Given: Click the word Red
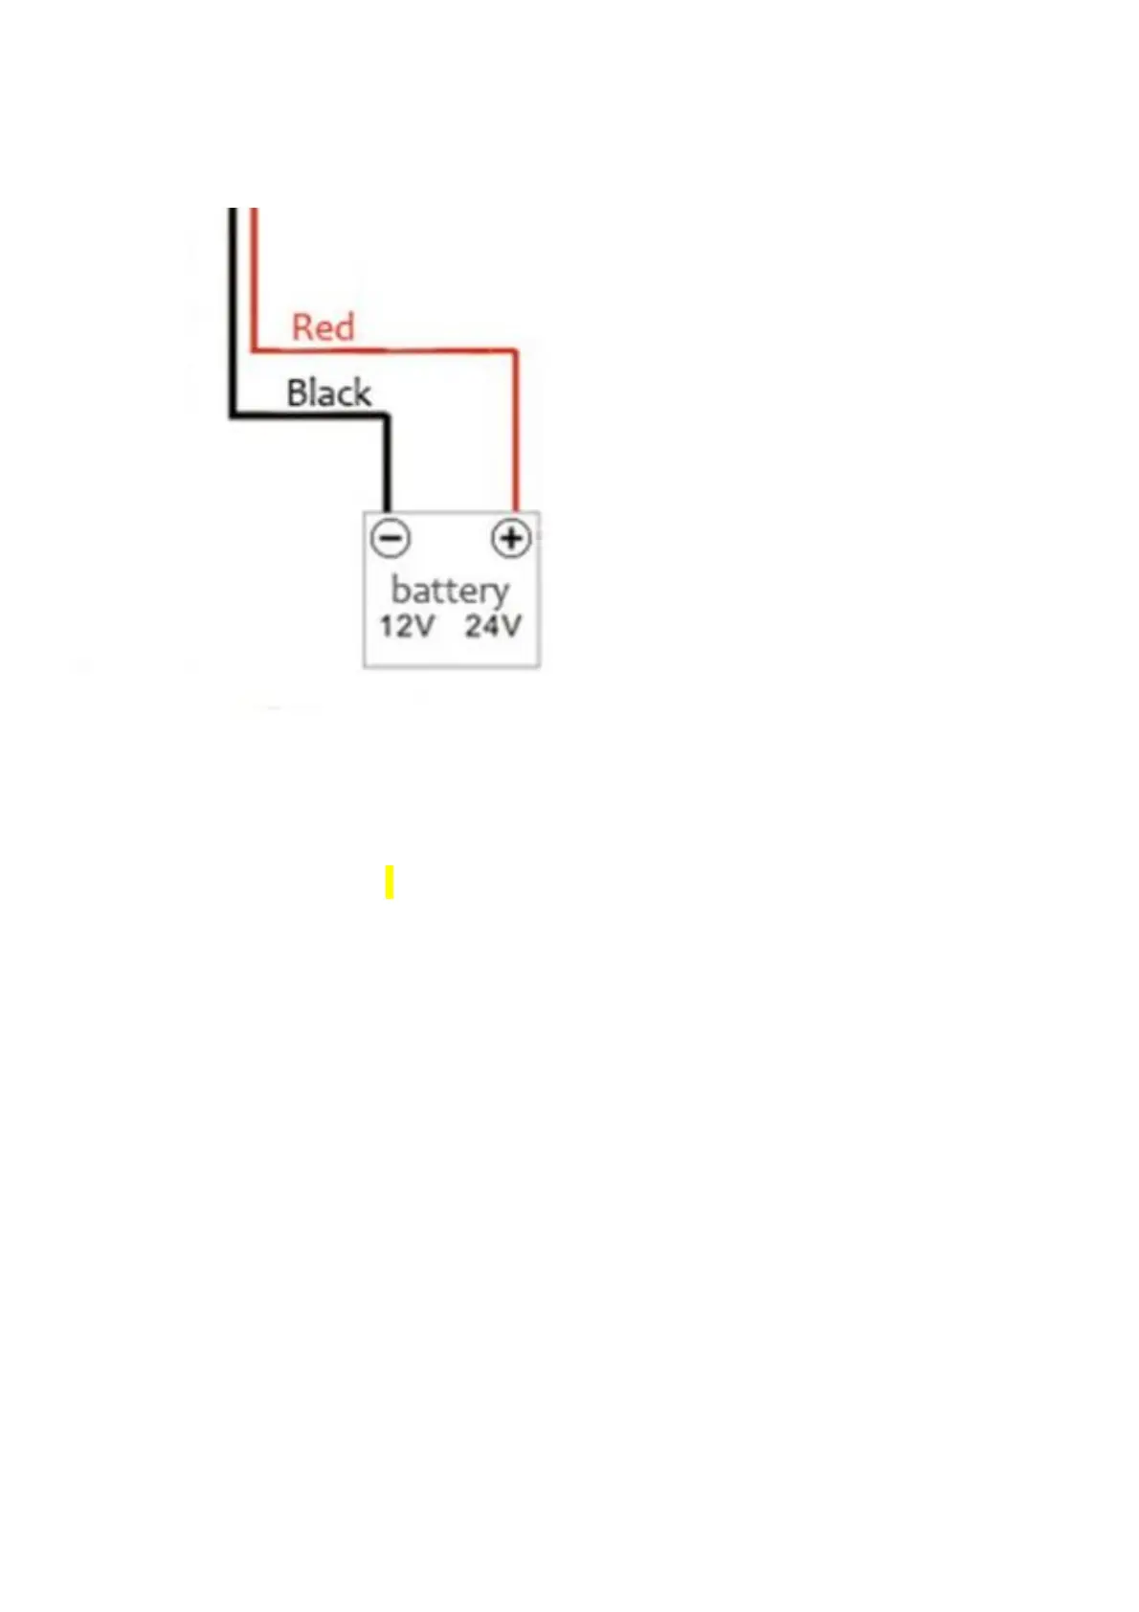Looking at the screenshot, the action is click(323, 327).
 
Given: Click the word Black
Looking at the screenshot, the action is click(328, 392).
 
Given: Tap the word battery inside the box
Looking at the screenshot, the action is click(450, 591).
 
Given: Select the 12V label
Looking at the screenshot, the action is click(407, 626).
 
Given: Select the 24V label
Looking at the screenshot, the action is click(493, 626).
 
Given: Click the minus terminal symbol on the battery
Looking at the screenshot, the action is click(391, 538).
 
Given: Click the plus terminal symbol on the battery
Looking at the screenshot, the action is click(511, 538).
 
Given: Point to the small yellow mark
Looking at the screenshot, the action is click(390, 882).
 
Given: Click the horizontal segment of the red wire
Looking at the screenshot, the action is click(383, 351).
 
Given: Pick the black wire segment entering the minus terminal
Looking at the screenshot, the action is click(388, 469).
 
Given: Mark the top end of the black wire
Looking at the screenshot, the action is click(232, 212).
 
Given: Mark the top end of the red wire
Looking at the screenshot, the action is click(254, 212).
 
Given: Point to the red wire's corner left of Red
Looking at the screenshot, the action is click(254, 350).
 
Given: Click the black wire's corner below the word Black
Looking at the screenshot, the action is click(233, 415).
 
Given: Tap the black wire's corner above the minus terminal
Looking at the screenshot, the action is click(387, 415).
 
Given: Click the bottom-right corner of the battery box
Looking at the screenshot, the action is click(540, 666).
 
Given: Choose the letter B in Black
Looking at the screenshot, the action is click(296, 392).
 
